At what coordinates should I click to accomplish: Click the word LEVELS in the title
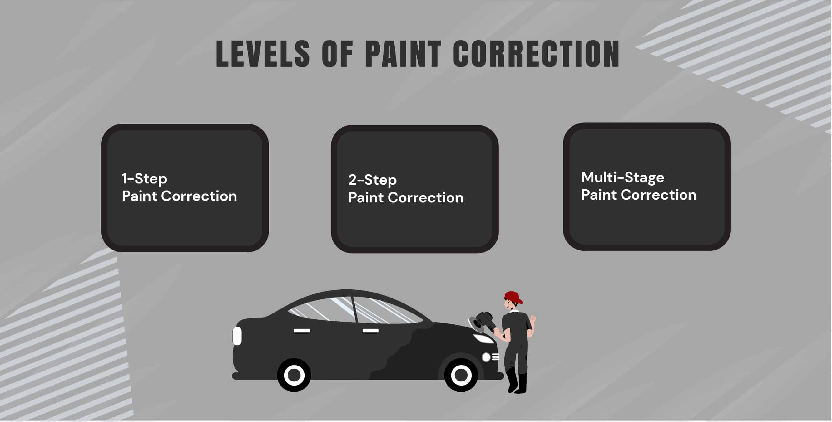263,54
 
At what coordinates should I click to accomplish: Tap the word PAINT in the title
403,54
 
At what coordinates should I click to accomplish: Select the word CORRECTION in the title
536,54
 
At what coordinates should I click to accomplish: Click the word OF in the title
337,54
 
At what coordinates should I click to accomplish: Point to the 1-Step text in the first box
144,178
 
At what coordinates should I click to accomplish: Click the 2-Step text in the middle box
372,180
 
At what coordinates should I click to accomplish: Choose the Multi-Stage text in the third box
623,177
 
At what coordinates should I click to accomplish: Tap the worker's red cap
513,297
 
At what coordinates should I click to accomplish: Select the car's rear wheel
294,375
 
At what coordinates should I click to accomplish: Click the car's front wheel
461,375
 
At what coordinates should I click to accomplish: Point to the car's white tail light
237,336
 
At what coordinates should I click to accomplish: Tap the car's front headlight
483,339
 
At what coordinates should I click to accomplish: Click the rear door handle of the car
302,330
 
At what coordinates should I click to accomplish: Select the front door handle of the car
370,330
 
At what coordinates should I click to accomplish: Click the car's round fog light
486,357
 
